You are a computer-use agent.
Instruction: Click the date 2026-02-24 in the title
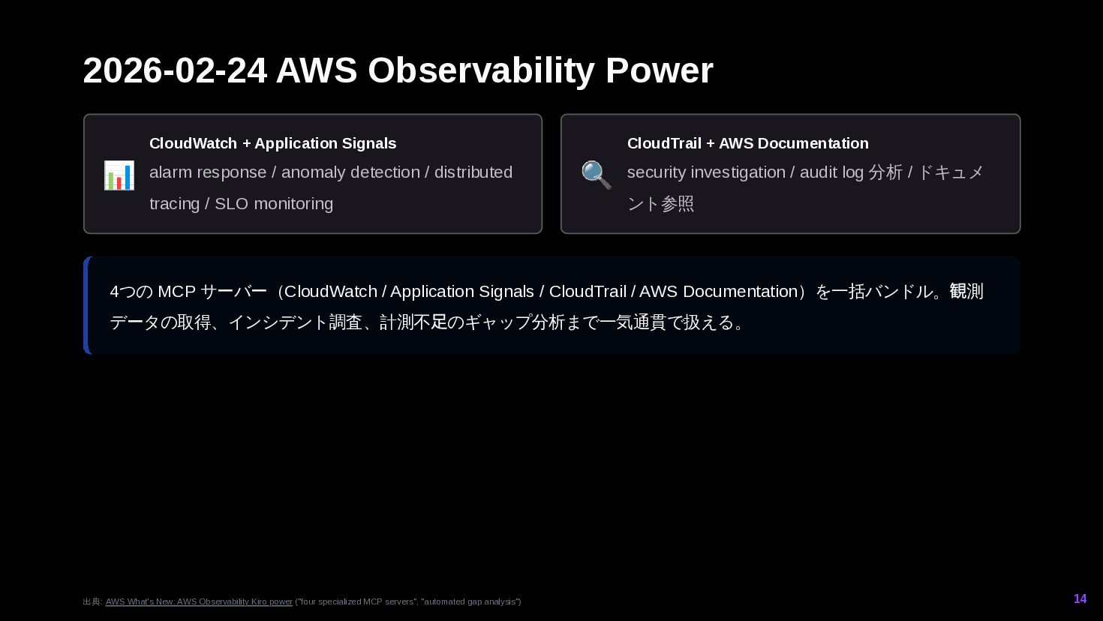pyautogui.click(x=175, y=70)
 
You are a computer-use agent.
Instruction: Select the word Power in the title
pyautogui.click(x=659, y=70)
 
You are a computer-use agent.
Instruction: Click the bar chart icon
pyautogui.click(x=119, y=175)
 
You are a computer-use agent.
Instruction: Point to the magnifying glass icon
pyautogui.click(x=597, y=175)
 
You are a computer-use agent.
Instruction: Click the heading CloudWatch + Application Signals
pyautogui.click(x=272, y=143)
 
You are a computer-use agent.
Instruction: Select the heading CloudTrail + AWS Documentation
pyautogui.click(x=747, y=143)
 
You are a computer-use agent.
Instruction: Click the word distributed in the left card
pyautogui.click(x=473, y=172)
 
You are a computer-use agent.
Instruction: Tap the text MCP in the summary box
pyautogui.click(x=176, y=292)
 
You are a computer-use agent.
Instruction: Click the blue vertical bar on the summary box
pyautogui.click(x=86, y=305)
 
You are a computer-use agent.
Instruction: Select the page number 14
pyautogui.click(x=1080, y=598)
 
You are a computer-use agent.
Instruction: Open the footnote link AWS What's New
pyautogui.click(x=199, y=601)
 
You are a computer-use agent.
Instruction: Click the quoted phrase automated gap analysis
pyautogui.click(x=470, y=601)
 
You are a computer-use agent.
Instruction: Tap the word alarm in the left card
pyautogui.click(x=170, y=172)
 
